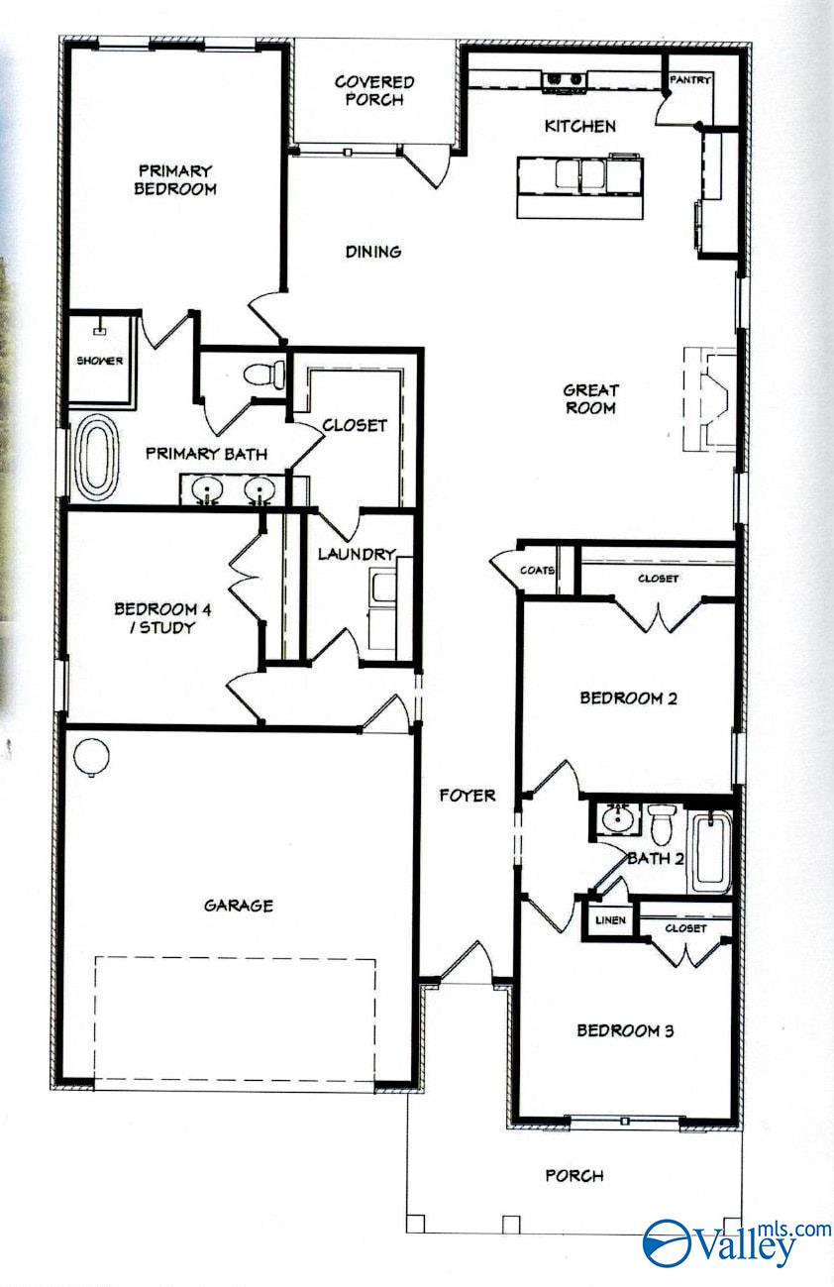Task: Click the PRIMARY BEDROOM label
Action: (x=175, y=179)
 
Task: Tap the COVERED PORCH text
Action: (x=373, y=90)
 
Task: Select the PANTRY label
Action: (x=690, y=80)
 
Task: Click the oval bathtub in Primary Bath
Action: (x=98, y=457)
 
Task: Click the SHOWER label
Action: (x=100, y=361)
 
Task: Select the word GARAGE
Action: (x=238, y=905)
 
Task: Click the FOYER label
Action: (x=468, y=795)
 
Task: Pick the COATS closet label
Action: (x=537, y=571)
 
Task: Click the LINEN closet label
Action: (x=610, y=920)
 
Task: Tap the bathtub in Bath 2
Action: (x=709, y=852)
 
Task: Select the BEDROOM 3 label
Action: (x=625, y=1030)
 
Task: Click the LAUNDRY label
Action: (x=357, y=554)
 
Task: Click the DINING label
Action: (x=373, y=252)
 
